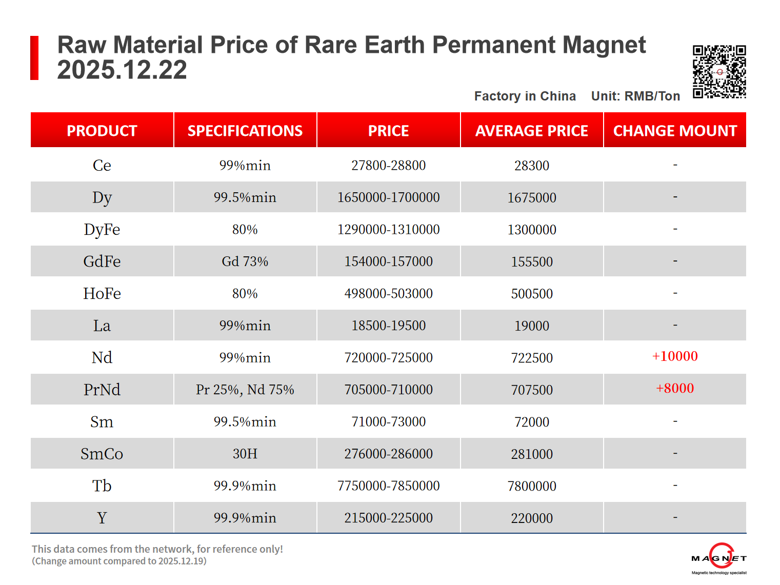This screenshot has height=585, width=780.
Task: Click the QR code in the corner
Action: coord(719,72)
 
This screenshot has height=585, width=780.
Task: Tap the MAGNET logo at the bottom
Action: coord(719,558)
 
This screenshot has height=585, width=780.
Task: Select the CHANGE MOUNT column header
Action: coord(675,131)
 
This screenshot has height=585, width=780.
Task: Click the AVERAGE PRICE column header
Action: coord(532,131)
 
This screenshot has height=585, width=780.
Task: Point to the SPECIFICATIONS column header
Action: coord(245,131)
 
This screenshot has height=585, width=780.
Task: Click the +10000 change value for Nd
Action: coord(675,356)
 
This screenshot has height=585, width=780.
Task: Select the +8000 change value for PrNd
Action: coord(675,388)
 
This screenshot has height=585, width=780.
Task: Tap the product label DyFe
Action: coord(102,229)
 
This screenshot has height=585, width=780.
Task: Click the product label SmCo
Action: coord(102,454)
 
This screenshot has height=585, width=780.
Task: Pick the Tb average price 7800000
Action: coord(532,486)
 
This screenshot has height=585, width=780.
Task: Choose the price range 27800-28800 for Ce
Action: coord(388,166)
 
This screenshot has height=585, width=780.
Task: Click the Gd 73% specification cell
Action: coord(245,261)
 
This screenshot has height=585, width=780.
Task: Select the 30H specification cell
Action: coord(245,454)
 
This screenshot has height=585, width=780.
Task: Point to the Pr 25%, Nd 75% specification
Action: coord(245,390)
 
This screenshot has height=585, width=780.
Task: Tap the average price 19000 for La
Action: coord(532,326)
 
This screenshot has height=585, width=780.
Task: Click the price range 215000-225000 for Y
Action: coord(388,518)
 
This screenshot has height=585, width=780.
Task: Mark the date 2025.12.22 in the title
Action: coord(122,70)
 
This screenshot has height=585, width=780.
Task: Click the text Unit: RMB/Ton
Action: coord(635,96)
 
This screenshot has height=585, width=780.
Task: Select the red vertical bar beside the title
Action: coord(34,58)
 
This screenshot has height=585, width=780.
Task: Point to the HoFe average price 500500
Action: coord(532,294)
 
